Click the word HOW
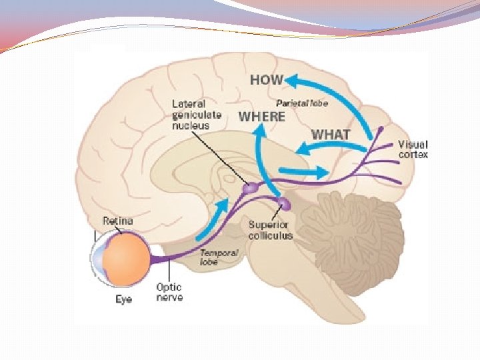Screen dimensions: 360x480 [267, 80]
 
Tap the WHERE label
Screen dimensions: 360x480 [262, 117]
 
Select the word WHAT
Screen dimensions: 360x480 [331, 134]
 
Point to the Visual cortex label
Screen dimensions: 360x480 [413, 149]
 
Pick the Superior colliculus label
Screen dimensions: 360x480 [270, 230]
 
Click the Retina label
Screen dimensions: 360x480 [117, 221]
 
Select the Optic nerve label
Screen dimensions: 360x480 [169, 292]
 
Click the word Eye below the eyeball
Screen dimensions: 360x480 [123, 299]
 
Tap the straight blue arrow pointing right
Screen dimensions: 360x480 [307, 173]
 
